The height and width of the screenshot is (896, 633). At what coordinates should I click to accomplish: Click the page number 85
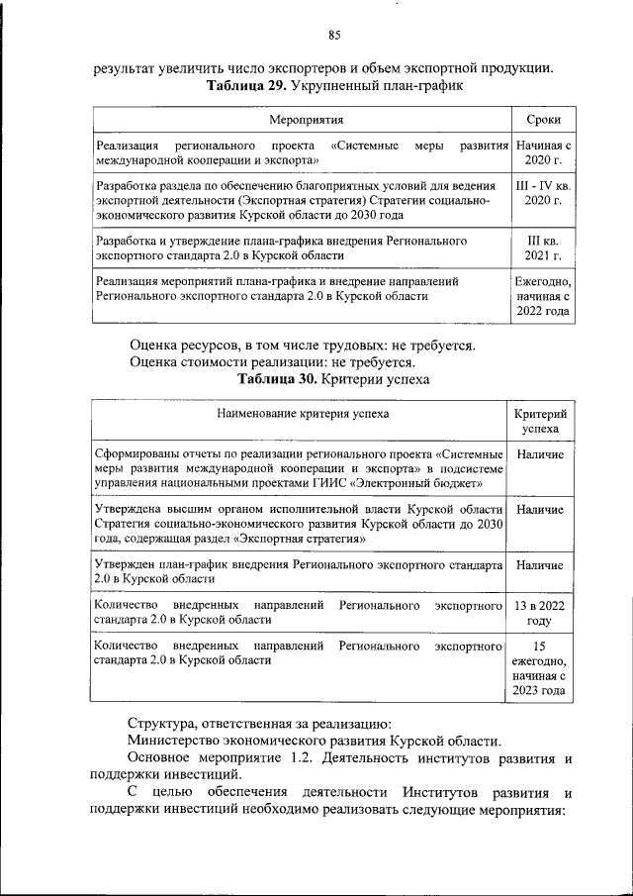pos(333,36)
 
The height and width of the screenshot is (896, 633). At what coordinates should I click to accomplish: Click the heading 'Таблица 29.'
pos(247,86)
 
